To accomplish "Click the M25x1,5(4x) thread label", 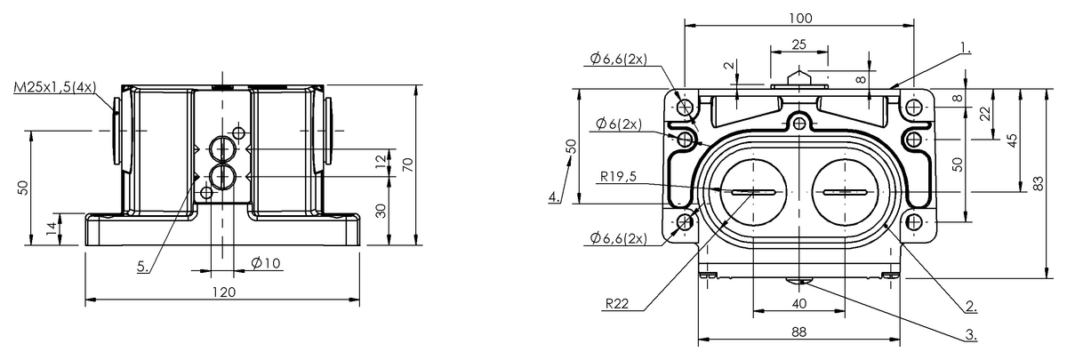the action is click(x=55, y=87).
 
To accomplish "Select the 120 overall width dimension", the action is click(x=224, y=292).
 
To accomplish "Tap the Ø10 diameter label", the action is click(x=266, y=263).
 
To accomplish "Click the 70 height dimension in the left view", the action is click(x=408, y=164).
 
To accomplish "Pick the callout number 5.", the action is click(x=143, y=267).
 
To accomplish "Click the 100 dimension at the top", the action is click(x=800, y=18).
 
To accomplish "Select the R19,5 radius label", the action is click(x=618, y=177).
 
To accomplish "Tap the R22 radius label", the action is click(x=617, y=303).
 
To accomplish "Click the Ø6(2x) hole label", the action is click(x=618, y=124).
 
